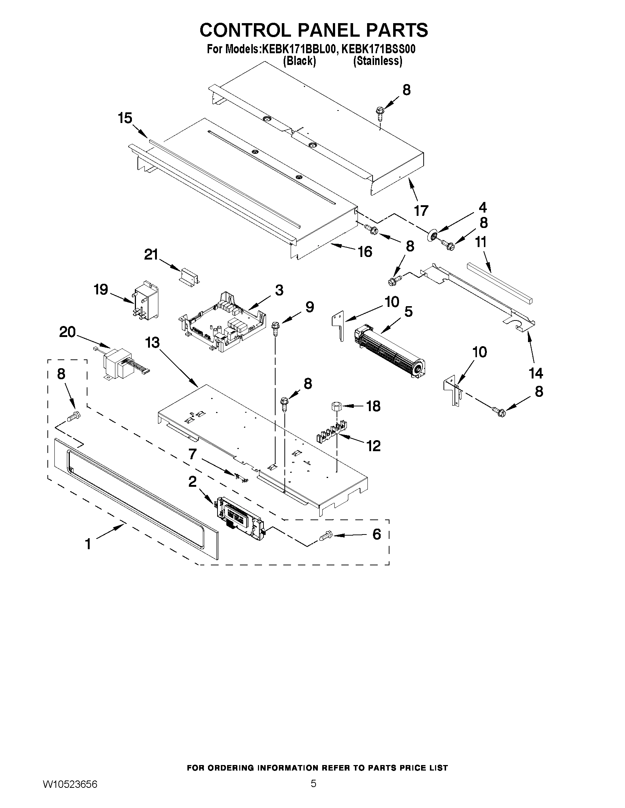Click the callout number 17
click(421, 210)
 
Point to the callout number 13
click(152, 343)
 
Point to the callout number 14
click(536, 373)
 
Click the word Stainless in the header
click(377, 61)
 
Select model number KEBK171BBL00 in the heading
click(299, 50)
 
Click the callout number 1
click(88, 544)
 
